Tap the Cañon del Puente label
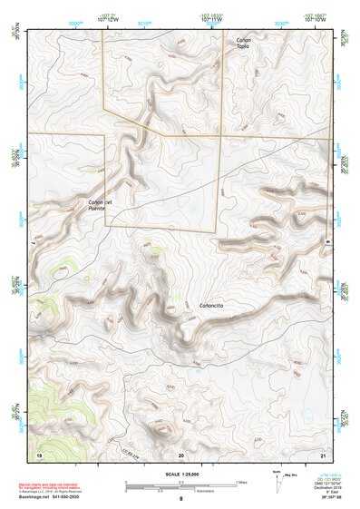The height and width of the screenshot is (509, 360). click(x=100, y=204)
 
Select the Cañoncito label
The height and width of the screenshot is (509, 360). click(x=211, y=306)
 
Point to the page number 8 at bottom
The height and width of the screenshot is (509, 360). click(x=180, y=499)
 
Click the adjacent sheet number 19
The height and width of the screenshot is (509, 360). click(x=39, y=454)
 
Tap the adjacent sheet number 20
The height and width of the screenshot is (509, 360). click(x=180, y=454)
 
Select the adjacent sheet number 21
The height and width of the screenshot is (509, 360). click(x=323, y=454)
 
